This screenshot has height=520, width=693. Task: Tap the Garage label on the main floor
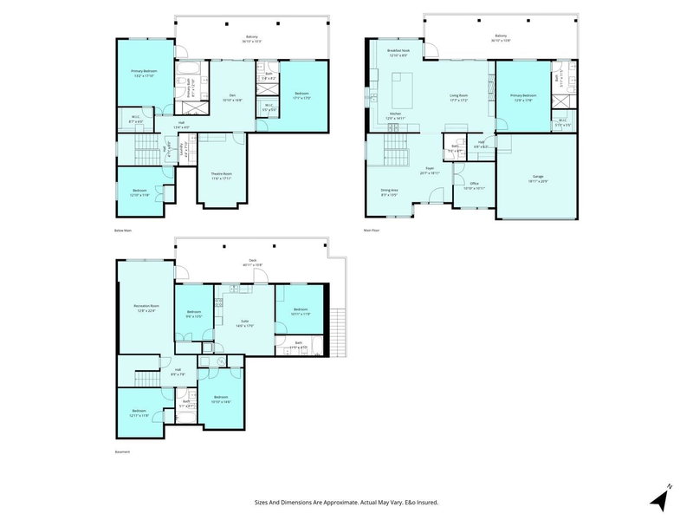(x=544, y=179)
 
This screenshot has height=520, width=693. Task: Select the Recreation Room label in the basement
(x=145, y=308)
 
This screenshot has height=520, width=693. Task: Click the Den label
(x=233, y=97)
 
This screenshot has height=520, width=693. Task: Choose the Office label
(x=474, y=185)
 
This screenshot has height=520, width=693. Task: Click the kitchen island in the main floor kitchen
(x=401, y=88)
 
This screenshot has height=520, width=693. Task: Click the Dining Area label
(x=390, y=192)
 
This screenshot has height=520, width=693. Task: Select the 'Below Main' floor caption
(x=123, y=231)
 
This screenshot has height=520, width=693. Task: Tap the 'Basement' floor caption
(x=122, y=452)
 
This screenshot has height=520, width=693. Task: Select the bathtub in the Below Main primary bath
(x=187, y=66)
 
